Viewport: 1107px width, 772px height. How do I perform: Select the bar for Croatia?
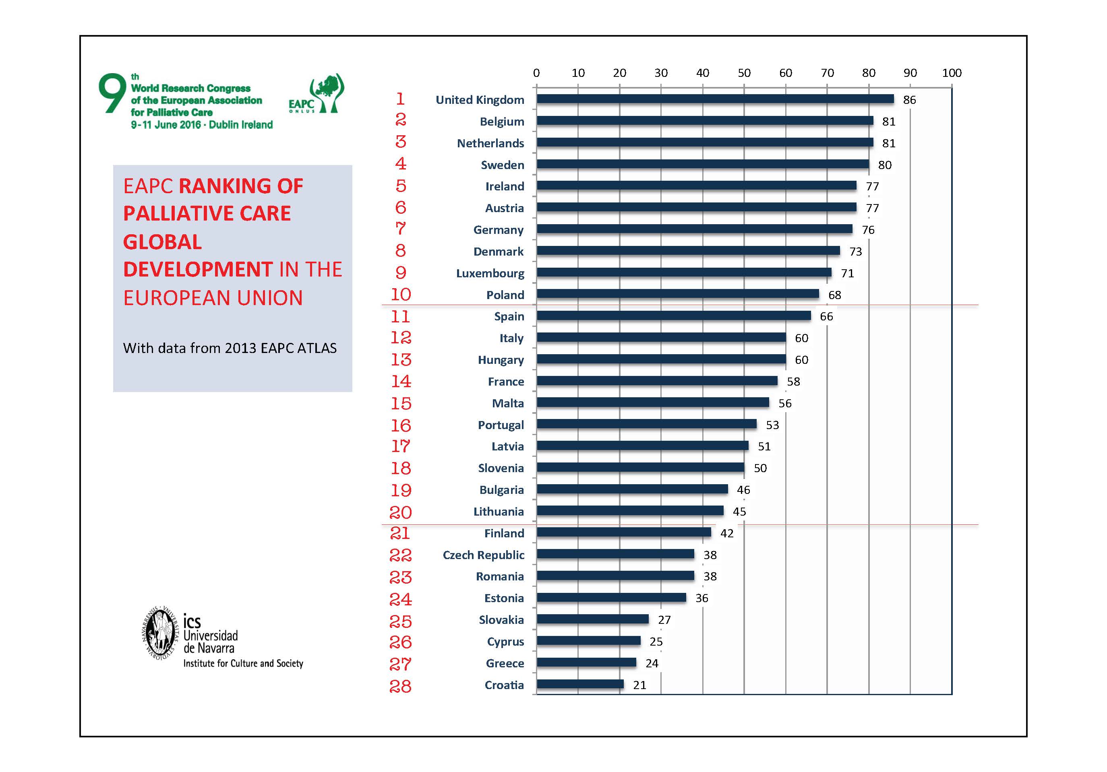coord(579,684)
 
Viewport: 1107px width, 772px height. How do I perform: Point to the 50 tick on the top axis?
coord(744,73)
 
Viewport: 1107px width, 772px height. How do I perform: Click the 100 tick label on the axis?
coord(951,73)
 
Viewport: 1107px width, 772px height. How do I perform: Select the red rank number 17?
coord(400,446)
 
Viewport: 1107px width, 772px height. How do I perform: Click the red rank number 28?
coord(400,686)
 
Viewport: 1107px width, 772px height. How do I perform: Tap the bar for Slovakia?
coord(592,619)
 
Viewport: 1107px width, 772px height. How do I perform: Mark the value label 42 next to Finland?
coord(726,533)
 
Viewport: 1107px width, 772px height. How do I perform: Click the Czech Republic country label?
coord(483,555)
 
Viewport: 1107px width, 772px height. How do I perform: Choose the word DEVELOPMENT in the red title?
coord(198,269)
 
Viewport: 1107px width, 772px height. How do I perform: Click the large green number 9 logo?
coord(112,93)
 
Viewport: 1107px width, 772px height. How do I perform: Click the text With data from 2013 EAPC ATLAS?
coord(230,348)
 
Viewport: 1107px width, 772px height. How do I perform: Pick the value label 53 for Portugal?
coord(772,425)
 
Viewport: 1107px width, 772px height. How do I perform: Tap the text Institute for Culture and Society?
coord(243,664)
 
